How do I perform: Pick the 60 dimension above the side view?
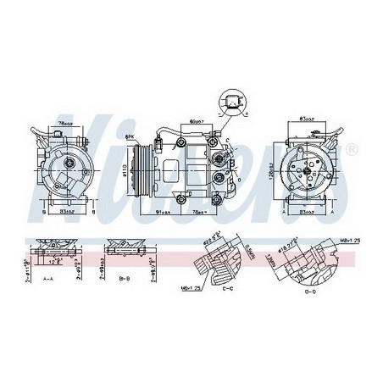pos(197,122)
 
